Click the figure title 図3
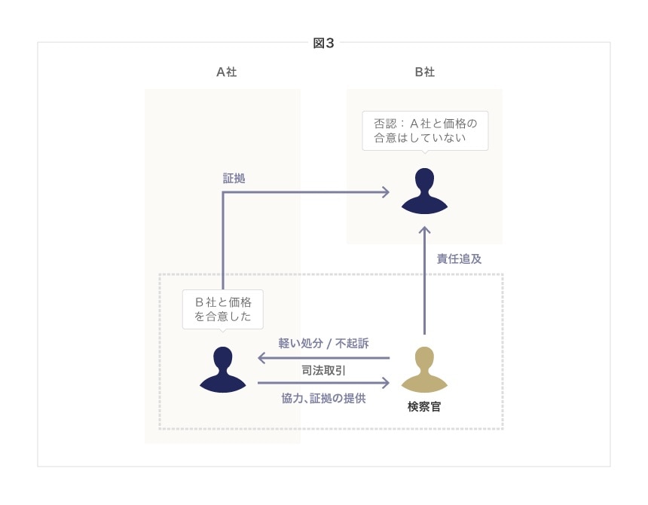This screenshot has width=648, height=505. (x=323, y=43)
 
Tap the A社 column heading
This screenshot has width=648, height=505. (x=227, y=72)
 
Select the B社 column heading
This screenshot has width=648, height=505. (x=424, y=72)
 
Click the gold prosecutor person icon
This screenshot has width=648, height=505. (x=424, y=369)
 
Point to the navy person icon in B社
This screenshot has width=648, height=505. (x=425, y=191)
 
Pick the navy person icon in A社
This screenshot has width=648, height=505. (x=223, y=369)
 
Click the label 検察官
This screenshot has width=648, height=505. (x=424, y=407)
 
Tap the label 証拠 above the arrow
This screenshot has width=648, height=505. (x=234, y=179)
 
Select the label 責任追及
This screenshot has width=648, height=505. (x=459, y=259)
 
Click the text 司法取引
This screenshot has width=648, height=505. (x=323, y=370)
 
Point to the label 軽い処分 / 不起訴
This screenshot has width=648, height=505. (x=323, y=342)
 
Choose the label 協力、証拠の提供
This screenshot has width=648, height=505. (x=323, y=398)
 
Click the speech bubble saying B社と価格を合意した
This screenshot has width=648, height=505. (x=223, y=308)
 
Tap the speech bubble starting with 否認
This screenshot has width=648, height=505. (x=425, y=130)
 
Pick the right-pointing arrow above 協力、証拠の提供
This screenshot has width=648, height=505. (x=323, y=383)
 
